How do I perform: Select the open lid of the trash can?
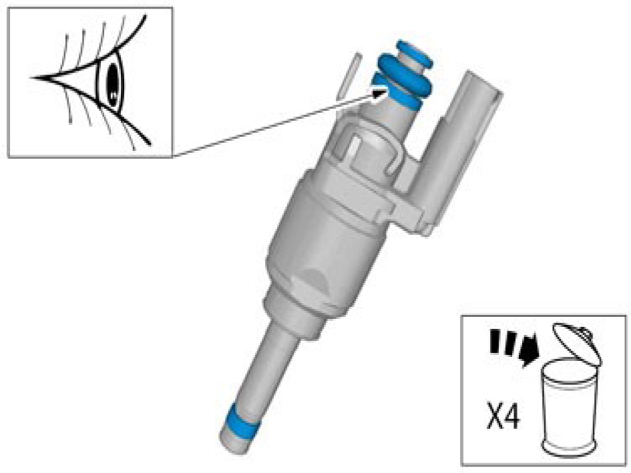point(576,343)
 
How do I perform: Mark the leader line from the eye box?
point(274,125)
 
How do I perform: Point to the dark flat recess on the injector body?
point(318,278)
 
